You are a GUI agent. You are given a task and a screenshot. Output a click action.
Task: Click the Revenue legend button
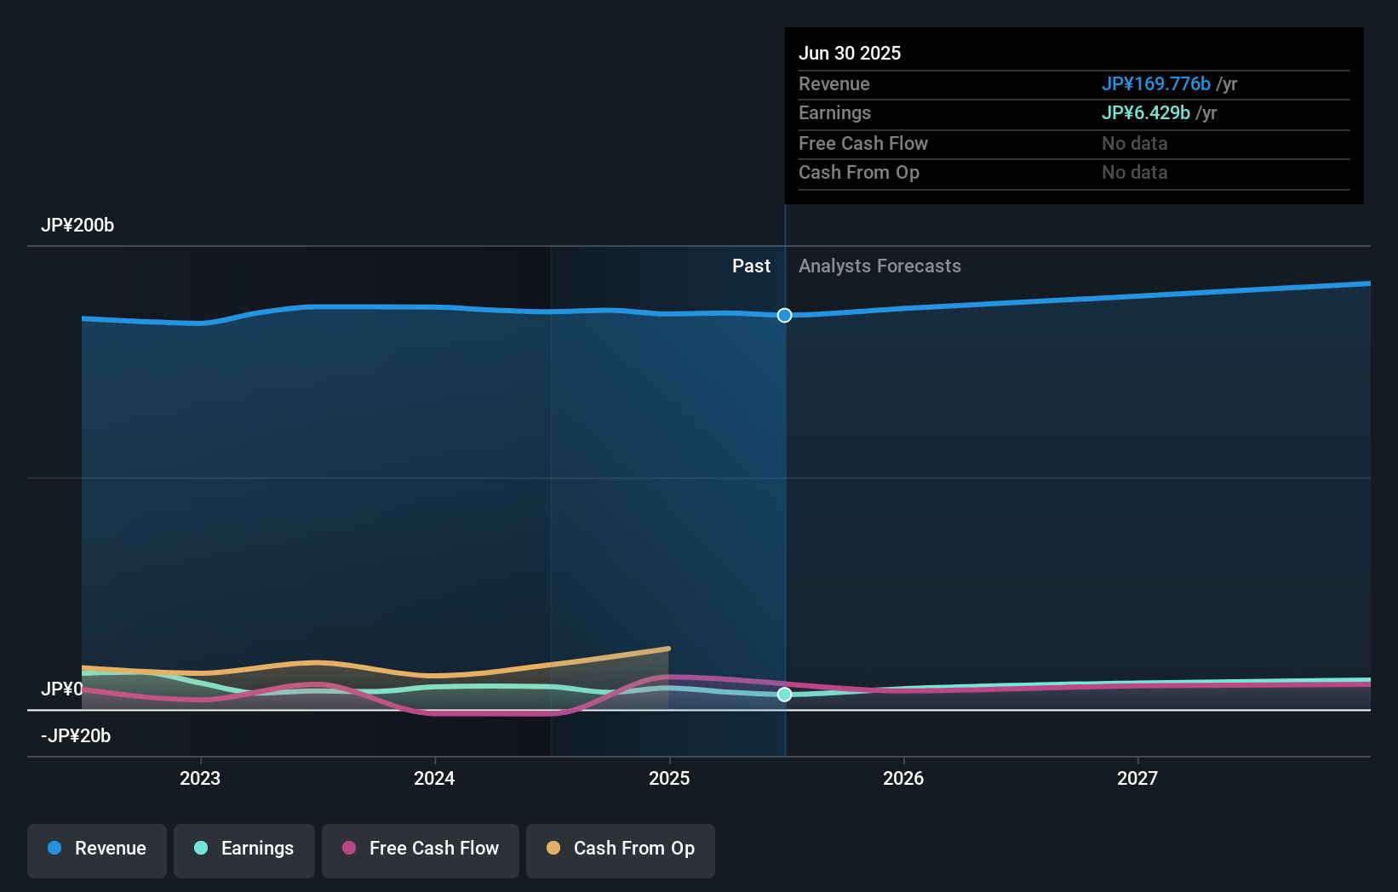click(97, 849)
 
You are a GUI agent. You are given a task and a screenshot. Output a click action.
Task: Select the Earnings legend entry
click(244, 849)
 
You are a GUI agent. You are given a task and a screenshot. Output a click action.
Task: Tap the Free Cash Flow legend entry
click(421, 849)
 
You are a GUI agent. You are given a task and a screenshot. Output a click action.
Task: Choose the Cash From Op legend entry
click(621, 849)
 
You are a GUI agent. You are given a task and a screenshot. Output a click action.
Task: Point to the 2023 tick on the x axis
click(200, 778)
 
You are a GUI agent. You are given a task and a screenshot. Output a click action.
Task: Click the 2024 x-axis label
click(434, 778)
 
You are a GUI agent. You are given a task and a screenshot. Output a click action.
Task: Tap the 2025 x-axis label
click(669, 778)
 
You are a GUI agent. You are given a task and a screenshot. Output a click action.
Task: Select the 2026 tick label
click(903, 778)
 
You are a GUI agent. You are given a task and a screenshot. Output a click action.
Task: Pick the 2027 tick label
click(1137, 778)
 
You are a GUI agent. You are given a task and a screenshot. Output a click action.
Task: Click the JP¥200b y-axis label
click(77, 226)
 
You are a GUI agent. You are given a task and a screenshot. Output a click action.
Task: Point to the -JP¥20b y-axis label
click(76, 736)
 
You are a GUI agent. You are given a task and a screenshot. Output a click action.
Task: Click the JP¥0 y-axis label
click(61, 689)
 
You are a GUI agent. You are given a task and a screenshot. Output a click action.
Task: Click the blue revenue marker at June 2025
click(784, 316)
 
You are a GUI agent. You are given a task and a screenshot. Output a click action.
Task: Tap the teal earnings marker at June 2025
click(784, 695)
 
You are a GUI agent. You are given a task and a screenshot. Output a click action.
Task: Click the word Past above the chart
click(751, 266)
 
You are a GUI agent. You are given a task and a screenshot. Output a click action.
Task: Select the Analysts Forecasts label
click(879, 266)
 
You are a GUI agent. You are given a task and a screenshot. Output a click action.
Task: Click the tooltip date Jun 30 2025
click(849, 53)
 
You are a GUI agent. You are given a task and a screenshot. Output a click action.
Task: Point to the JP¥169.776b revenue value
click(1155, 84)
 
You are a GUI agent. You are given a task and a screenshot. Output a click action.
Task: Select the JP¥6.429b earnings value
click(1145, 113)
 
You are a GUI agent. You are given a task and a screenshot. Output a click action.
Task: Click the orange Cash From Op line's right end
click(668, 649)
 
